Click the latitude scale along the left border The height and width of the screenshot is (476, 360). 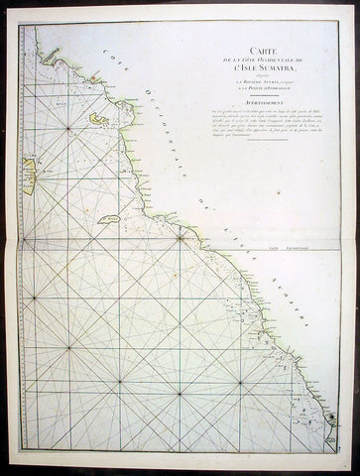(x=18, y=297)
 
